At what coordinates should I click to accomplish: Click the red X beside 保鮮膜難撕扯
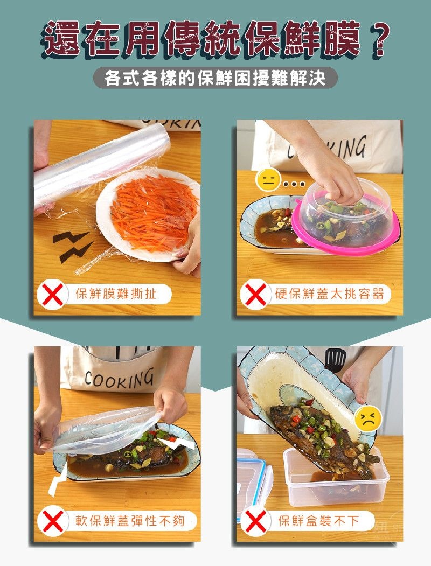point(52,294)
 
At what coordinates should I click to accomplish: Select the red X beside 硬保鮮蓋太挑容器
point(255,294)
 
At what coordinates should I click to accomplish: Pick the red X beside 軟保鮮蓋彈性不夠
point(52,521)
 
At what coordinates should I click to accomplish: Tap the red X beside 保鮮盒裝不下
point(255,521)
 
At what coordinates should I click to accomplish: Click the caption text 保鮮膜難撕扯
point(116,294)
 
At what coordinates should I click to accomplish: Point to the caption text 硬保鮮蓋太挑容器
point(329,294)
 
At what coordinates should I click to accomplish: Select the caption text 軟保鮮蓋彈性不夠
point(129,521)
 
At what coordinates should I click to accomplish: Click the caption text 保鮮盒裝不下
point(318,521)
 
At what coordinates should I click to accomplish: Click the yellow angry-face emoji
point(368,418)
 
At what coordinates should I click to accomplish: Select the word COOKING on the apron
point(119,379)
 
